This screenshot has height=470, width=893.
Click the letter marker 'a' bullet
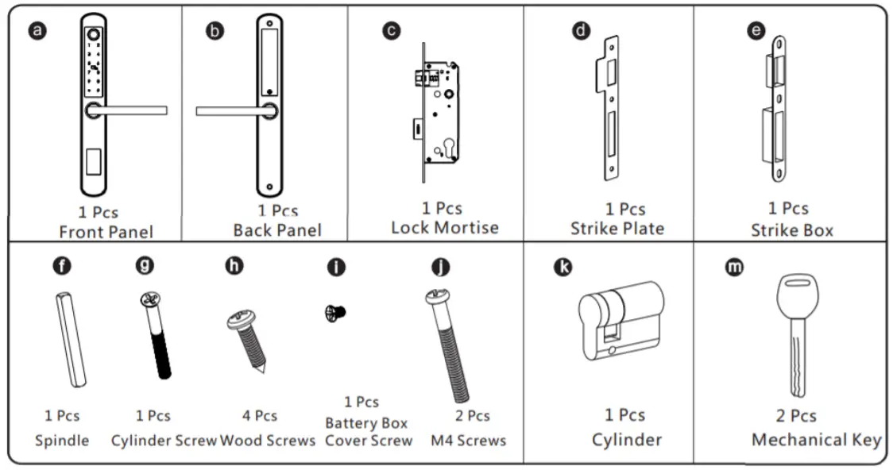point(38,32)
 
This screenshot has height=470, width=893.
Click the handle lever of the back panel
point(230,111)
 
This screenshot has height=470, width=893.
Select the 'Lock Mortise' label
point(444,228)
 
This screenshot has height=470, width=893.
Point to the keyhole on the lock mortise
point(450,148)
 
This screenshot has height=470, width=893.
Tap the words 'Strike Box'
point(791,230)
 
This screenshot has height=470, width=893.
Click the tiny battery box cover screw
point(335,314)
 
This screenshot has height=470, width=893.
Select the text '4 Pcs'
point(260,416)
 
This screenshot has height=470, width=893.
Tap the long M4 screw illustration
point(450,345)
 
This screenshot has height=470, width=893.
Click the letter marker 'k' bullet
point(562,268)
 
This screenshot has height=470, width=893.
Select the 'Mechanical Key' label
point(816,440)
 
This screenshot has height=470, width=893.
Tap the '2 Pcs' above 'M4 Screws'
point(473,416)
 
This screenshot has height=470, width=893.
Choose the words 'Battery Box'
point(366,423)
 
